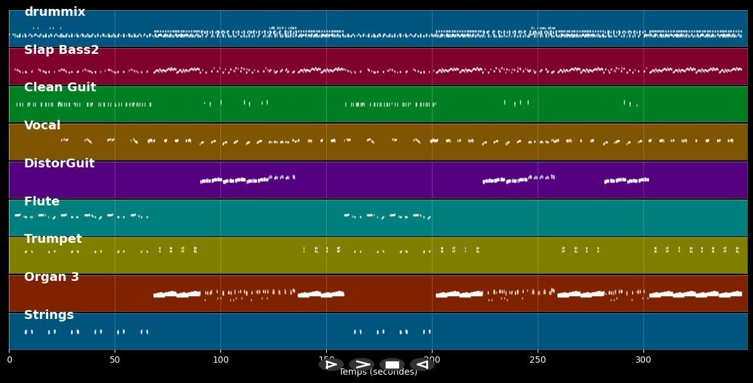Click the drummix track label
click(54, 12)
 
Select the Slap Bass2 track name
click(61, 50)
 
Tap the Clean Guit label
click(60, 88)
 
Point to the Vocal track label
click(42, 126)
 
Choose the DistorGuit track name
click(59, 164)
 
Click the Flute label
click(42, 202)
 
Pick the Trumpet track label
click(53, 239)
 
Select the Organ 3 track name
click(51, 277)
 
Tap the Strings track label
click(49, 315)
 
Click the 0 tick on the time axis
click(9, 360)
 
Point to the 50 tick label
click(115, 360)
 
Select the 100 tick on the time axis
click(220, 360)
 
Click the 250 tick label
click(538, 360)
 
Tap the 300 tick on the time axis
click(643, 360)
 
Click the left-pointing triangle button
click(422, 365)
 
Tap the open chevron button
click(362, 365)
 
